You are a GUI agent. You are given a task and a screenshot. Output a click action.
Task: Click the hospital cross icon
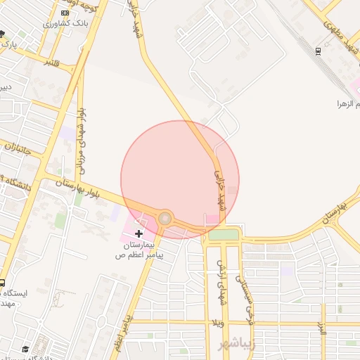pos(139,233)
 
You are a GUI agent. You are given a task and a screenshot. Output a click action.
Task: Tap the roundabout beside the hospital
pos(165,219)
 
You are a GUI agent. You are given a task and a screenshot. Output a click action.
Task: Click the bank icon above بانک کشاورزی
pos(65,13)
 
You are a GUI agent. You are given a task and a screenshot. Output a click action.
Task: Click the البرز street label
pos(321,327)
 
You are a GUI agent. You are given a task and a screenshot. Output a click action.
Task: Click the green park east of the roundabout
pos(224,234)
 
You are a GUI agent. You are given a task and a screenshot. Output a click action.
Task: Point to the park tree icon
pos(3,34)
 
